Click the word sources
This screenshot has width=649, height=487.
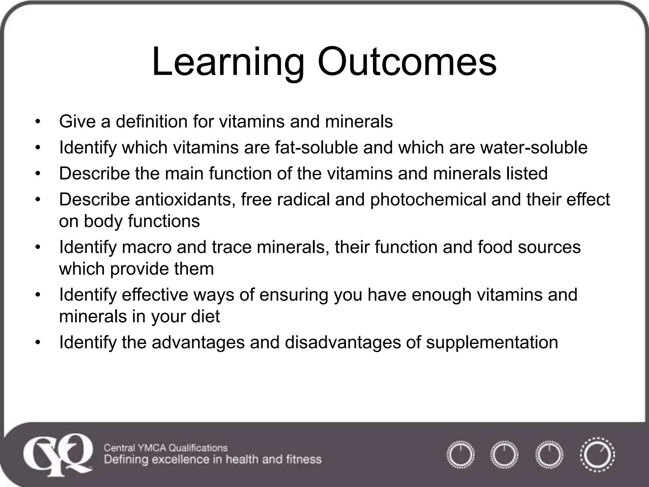coord(549,247)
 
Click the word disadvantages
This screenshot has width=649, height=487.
coord(343,342)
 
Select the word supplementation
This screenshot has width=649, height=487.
coord(492,343)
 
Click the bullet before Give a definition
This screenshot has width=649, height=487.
coord(38,122)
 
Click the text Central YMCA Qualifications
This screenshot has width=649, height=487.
coord(166,448)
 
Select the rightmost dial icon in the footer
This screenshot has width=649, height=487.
coord(597,455)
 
